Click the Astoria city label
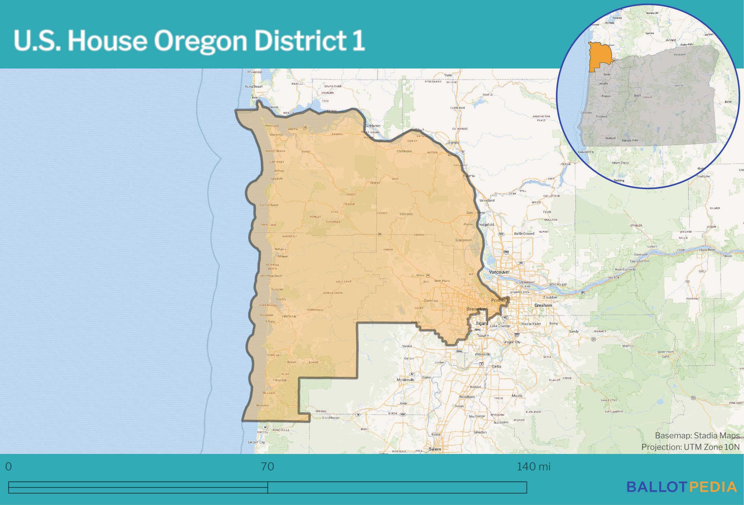[293, 129]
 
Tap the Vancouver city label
[499, 272]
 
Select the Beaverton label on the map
[476, 309]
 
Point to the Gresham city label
[543, 305]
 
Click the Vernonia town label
[406, 214]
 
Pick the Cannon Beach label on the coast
[269, 205]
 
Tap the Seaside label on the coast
[277, 178]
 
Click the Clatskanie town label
[404, 151]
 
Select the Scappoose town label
[463, 240]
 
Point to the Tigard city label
[482, 323]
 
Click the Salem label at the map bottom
[435, 449]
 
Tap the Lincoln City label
[256, 442]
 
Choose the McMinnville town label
[406, 380]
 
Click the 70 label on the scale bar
[267, 467]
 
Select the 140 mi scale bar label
[533, 467]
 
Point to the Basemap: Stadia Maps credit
[697, 436]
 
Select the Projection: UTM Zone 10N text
[690, 447]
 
